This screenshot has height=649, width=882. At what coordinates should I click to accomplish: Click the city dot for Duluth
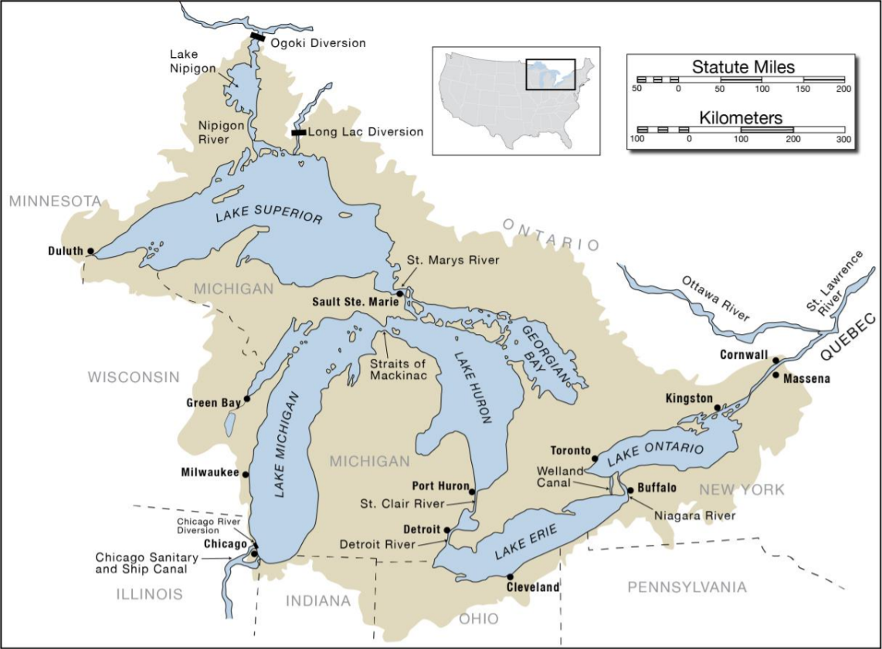pos(90,251)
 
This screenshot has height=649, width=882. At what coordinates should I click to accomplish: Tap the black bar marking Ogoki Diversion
pos(258,36)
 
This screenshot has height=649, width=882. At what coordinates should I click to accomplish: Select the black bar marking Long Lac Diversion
pos(298,133)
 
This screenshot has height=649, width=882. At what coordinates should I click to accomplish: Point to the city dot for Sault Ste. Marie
pos(399,294)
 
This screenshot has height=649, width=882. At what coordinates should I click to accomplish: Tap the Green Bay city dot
pos(247,399)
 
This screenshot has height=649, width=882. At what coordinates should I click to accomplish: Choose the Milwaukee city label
pos(209,473)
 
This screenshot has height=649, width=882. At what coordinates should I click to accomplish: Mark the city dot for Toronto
pos(595,458)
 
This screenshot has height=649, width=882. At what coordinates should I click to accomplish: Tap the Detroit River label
pos(377,544)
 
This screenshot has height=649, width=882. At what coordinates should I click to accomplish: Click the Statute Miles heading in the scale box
pos(742,67)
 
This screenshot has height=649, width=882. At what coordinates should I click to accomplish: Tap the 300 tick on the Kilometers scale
pos(843,140)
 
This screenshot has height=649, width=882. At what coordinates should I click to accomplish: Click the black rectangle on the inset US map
pos(550,75)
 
